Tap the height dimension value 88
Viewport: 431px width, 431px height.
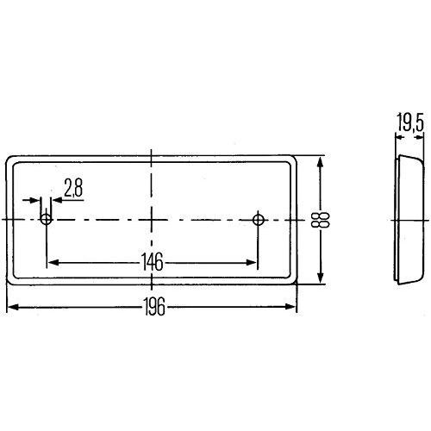pyautogui.click(x=327, y=220)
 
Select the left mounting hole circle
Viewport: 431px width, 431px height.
pyautogui.click(x=47, y=220)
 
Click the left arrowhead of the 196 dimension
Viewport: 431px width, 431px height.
pyautogui.click(x=11, y=308)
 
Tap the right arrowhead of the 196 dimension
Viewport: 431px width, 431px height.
pyautogui.click(x=293, y=308)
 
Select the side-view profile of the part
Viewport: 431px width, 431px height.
pyautogui.click(x=406, y=220)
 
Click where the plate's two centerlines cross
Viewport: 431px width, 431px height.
pyautogui.click(x=153, y=220)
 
